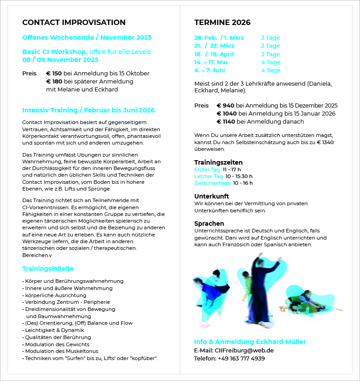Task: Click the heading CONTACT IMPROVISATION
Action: coord(74,23)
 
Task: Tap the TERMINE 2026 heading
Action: coord(222,23)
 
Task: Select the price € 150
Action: coord(54,74)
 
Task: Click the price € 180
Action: coord(54,82)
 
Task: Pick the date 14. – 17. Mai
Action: coord(211,62)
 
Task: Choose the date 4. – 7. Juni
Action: coord(210,70)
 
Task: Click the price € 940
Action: coord(225,106)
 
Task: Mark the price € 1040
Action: coord(227,114)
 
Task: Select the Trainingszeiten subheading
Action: coord(218,162)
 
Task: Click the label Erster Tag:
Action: coord(207,170)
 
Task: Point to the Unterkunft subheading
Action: coord(211,196)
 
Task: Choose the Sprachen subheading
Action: coord(209,224)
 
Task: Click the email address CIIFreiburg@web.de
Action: coord(244,350)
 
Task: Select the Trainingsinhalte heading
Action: coord(48,269)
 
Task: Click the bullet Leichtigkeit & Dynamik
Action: coord(54,330)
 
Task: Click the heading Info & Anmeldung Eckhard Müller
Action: coord(250,342)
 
